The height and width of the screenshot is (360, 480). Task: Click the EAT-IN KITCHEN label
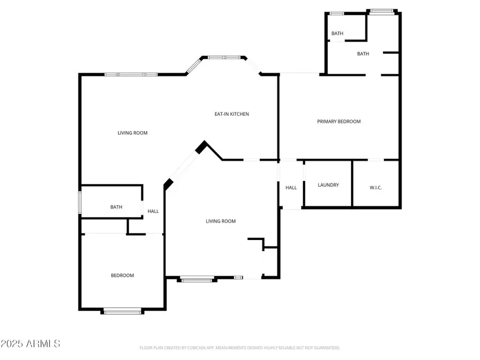[x=231, y=114]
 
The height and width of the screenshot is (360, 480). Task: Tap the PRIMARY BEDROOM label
[x=339, y=122]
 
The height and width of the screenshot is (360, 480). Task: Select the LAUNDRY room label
[x=328, y=185]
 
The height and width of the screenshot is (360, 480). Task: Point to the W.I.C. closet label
[x=375, y=187]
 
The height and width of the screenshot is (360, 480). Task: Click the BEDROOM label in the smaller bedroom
[x=122, y=275]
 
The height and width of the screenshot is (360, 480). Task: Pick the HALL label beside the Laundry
[x=291, y=188]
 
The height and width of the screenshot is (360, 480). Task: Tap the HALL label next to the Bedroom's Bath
[x=153, y=211]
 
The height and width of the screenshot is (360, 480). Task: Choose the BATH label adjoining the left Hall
[x=116, y=207]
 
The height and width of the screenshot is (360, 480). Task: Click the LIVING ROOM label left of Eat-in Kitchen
[x=132, y=133]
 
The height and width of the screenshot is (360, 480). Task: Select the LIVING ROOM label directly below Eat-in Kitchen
[x=221, y=221]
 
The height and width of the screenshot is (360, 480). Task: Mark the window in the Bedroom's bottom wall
[x=123, y=310]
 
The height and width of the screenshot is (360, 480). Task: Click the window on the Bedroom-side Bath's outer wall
[x=81, y=202]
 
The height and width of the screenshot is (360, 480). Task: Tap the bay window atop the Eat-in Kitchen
[x=223, y=57]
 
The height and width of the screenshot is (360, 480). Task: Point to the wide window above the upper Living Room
[x=131, y=75]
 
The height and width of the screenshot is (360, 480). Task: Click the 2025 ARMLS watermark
[x=30, y=343]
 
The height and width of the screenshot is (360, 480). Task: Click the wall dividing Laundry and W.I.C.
[x=352, y=183]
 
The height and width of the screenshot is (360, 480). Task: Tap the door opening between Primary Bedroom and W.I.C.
[x=375, y=159]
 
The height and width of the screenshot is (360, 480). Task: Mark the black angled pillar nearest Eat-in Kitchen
[x=202, y=147]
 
